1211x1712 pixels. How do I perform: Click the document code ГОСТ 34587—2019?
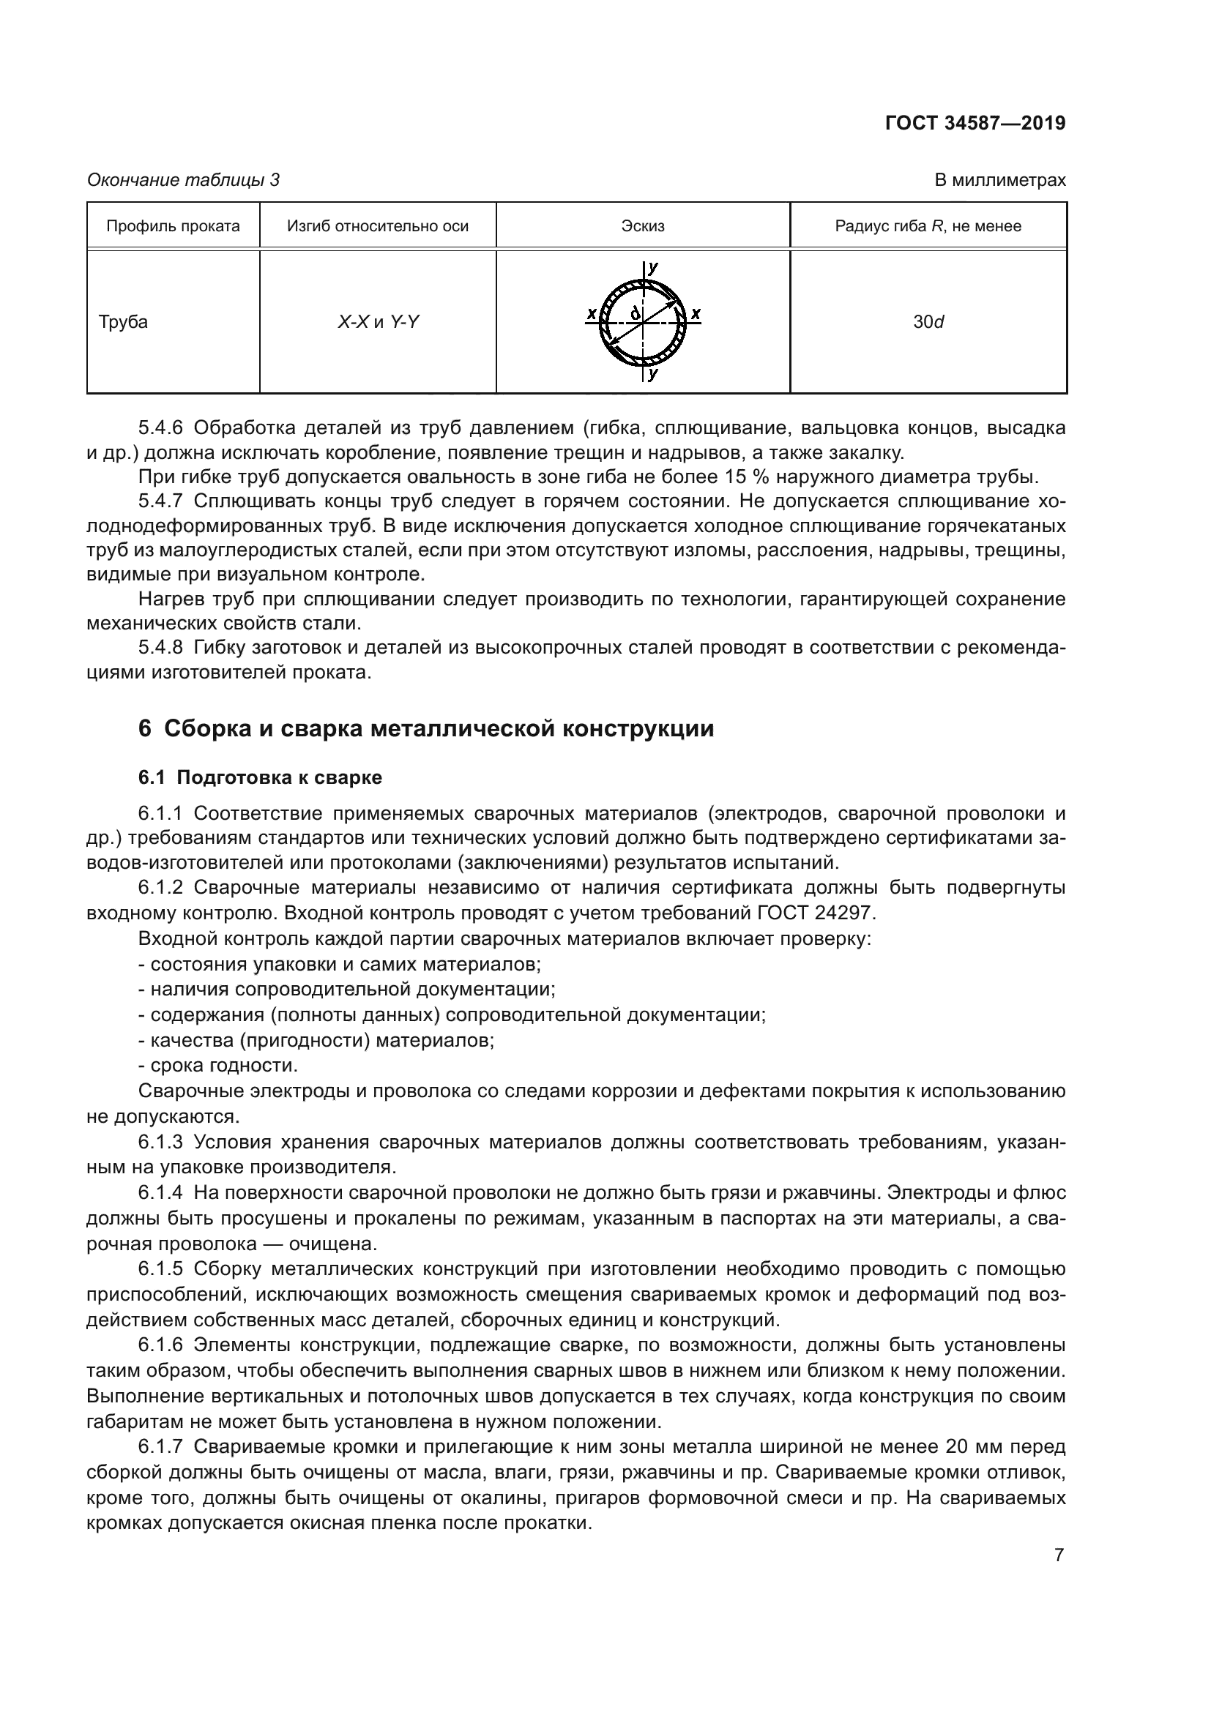click(x=975, y=123)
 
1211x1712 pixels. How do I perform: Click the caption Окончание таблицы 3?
click(x=184, y=180)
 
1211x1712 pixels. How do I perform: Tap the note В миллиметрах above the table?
click(x=999, y=180)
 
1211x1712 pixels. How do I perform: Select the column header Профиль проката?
click(x=173, y=226)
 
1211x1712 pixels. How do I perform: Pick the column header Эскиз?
click(x=643, y=226)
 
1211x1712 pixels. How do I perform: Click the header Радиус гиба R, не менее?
click(x=928, y=226)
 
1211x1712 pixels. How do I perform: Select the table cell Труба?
click(x=123, y=322)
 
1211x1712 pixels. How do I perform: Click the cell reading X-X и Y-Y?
click(x=378, y=322)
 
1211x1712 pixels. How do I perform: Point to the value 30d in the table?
click(x=928, y=322)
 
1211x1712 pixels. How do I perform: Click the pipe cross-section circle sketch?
click(x=643, y=323)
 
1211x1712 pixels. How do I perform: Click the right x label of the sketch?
click(x=695, y=313)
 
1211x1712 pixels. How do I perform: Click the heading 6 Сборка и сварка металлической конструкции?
click(x=426, y=728)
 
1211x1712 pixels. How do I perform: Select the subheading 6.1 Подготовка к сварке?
click(x=260, y=778)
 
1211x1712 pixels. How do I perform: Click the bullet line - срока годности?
click(x=218, y=1065)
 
